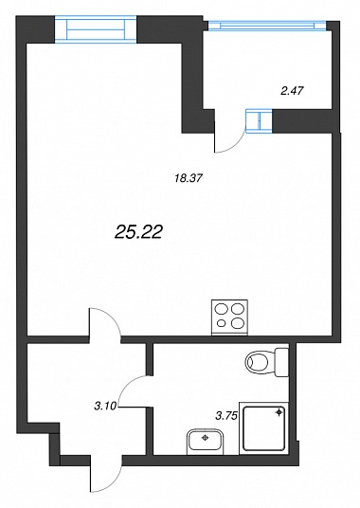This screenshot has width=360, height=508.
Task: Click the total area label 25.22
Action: point(138,232)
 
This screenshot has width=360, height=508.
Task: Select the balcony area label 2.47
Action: point(292,91)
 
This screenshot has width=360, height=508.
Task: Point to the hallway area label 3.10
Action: point(105,406)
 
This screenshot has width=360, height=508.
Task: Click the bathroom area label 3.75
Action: point(227,415)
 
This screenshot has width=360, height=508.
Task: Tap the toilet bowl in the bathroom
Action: point(261,362)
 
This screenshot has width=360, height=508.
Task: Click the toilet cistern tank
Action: point(281,362)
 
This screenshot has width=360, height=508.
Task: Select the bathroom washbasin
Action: point(205,443)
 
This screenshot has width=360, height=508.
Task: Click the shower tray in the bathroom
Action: point(263,428)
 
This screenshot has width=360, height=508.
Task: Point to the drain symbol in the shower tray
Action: point(279,412)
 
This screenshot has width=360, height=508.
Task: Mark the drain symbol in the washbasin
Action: point(205,438)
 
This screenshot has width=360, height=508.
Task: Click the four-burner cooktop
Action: point(229,317)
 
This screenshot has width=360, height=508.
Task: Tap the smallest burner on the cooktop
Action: point(222,322)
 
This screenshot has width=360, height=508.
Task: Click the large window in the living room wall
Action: point(96,29)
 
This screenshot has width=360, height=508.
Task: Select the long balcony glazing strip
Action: point(267,26)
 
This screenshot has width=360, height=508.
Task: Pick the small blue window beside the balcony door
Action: point(259,121)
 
